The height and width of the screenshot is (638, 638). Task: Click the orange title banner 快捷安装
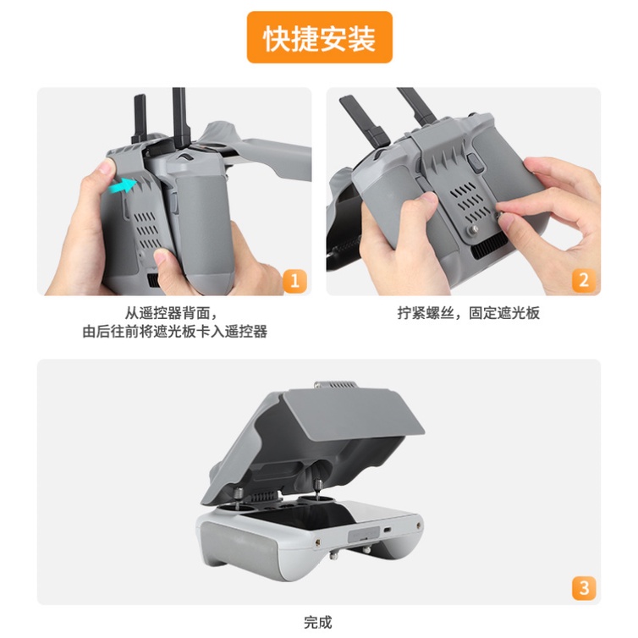click(x=319, y=37)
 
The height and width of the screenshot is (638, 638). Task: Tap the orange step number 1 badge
click(x=294, y=281)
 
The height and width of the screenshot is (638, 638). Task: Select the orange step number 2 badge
click(x=584, y=280)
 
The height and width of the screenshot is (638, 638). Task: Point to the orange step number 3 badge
click(x=584, y=588)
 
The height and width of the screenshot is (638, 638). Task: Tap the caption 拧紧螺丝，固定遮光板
click(x=468, y=313)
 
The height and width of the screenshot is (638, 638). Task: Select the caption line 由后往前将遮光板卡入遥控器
click(x=175, y=332)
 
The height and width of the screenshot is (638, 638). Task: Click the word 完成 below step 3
click(x=318, y=622)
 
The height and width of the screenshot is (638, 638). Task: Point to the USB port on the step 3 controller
click(x=387, y=531)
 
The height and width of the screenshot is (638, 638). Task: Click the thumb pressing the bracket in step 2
click(x=422, y=203)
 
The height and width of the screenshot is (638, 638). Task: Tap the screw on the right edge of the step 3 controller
click(x=419, y=526)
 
